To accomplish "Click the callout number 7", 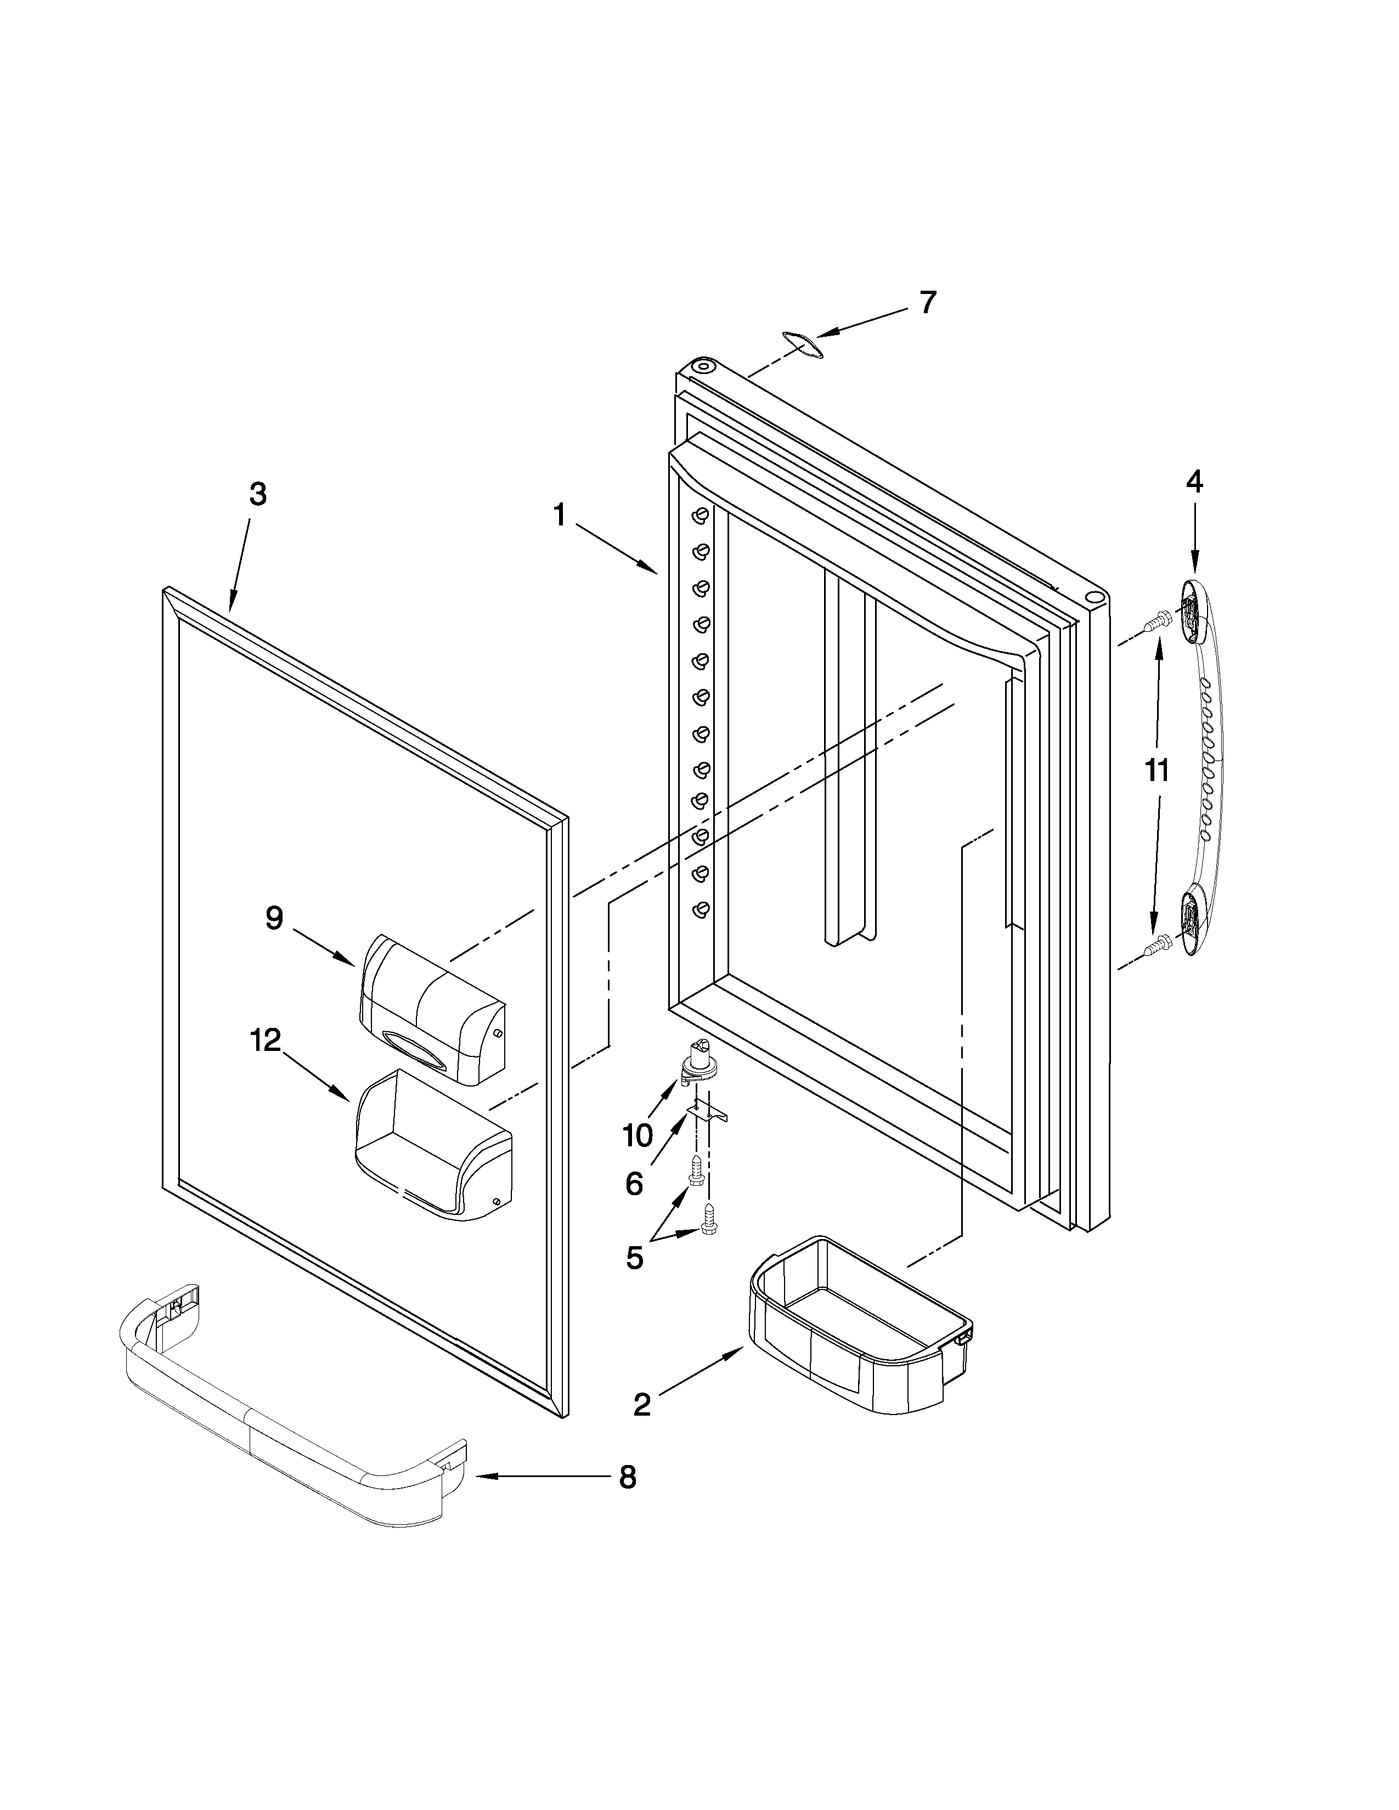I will [x=927, y=303].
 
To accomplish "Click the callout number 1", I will [x=560, y=516].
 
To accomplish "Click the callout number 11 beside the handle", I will [x=1156, y=770].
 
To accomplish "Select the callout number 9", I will [x=274, y=918].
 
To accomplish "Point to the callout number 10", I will [x=638, y=1135].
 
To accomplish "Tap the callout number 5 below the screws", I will [x=634, y=1258].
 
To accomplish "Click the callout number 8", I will [x=628, y=1477].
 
